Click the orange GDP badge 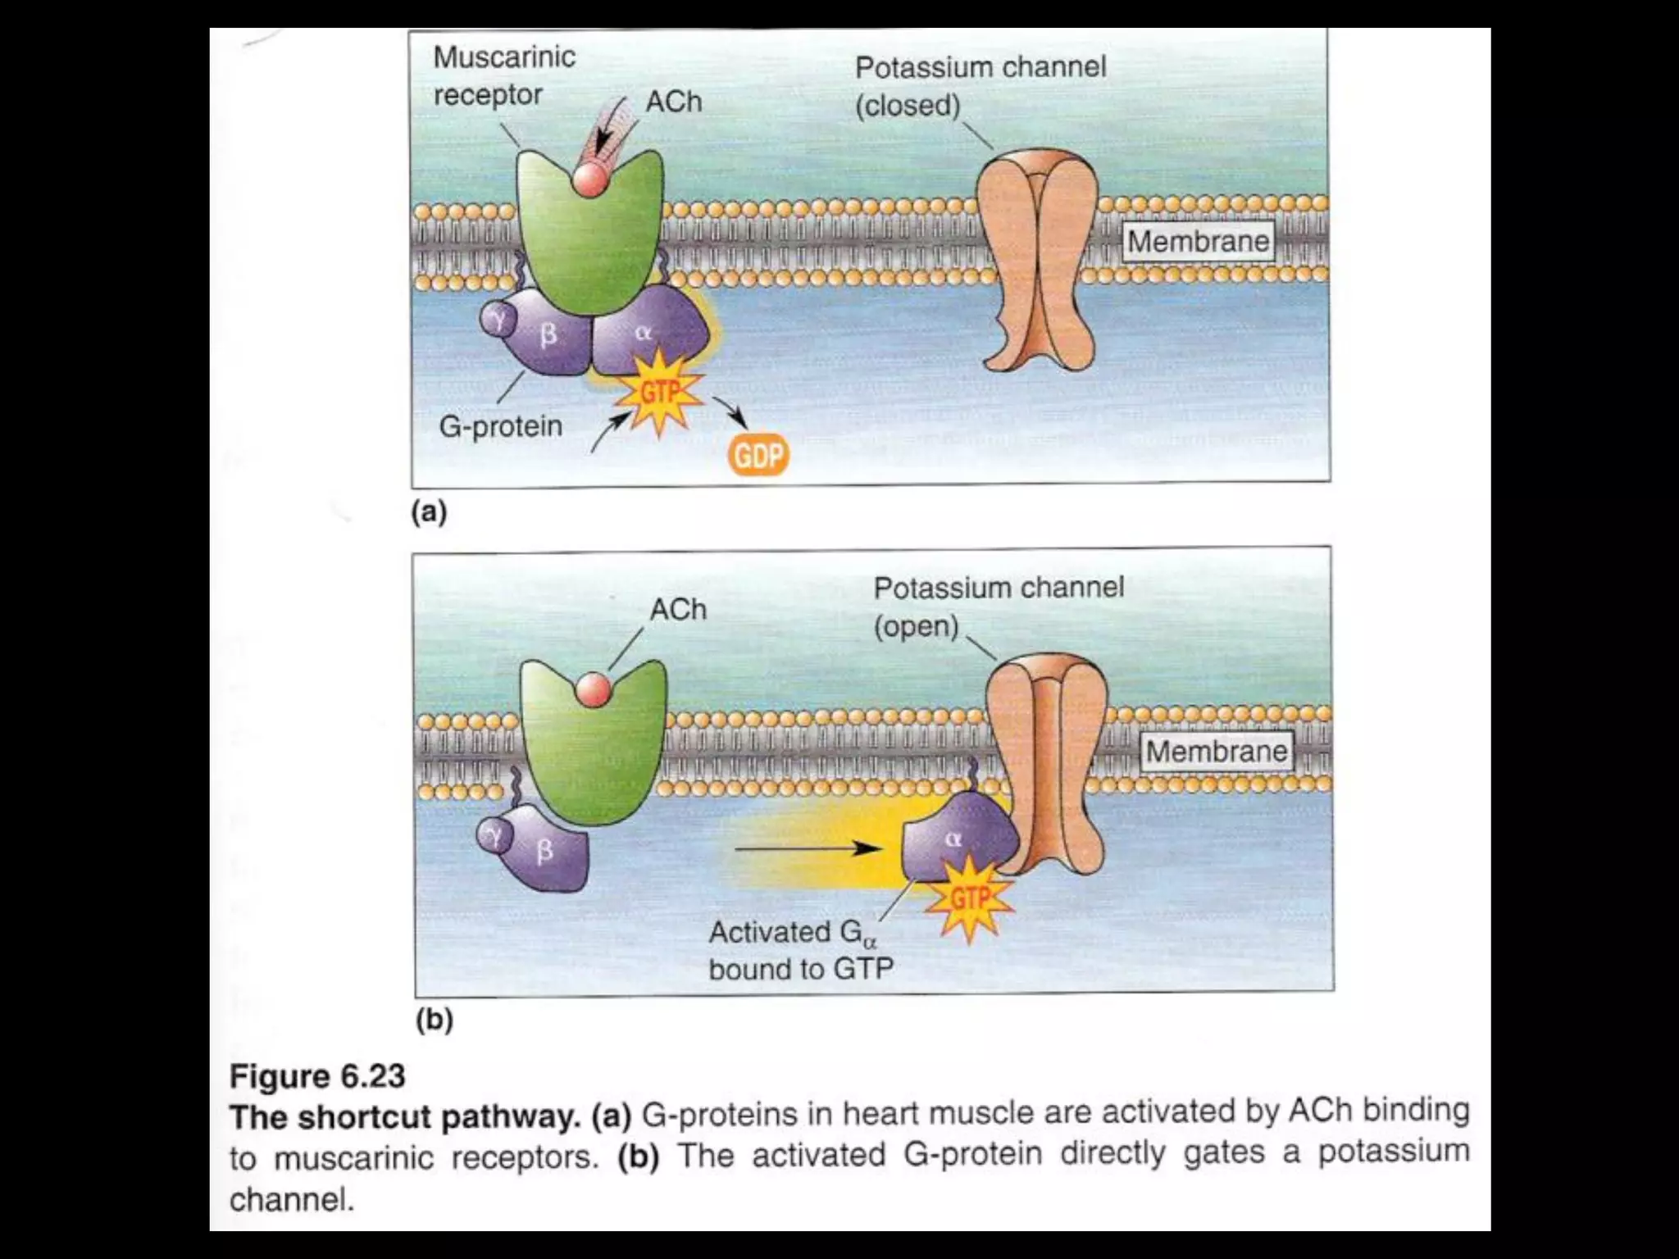pyautogui.click(x=758, y=456)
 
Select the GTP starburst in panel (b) pyautogui.click(x=970, y=898)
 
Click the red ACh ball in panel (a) pyautogui.click(x=590, y=180)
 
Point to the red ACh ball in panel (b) pyautogui.click(x=594, y=690)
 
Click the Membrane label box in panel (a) pyautogui.click(x=1198, y=241)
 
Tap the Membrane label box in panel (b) pyautogui.click(x=1216, y=751)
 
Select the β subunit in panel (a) pyautogui.click(x=548, y=334)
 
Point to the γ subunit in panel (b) pyautogui.click(x=494, y=835)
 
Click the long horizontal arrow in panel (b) pyautogui.click(x=808, y=848)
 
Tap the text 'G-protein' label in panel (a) pyautogui.click(x=501, y=426)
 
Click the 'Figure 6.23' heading pyautogui.click(x=317, y=1076)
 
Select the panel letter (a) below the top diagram pyautogui.click(x=429, y=512)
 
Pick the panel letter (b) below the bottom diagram pyautogui.click(x=435, y=1020)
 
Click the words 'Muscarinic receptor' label pyautogui.click(x=503, y=75)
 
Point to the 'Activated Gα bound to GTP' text pyautogui.click(x=801, y=951)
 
